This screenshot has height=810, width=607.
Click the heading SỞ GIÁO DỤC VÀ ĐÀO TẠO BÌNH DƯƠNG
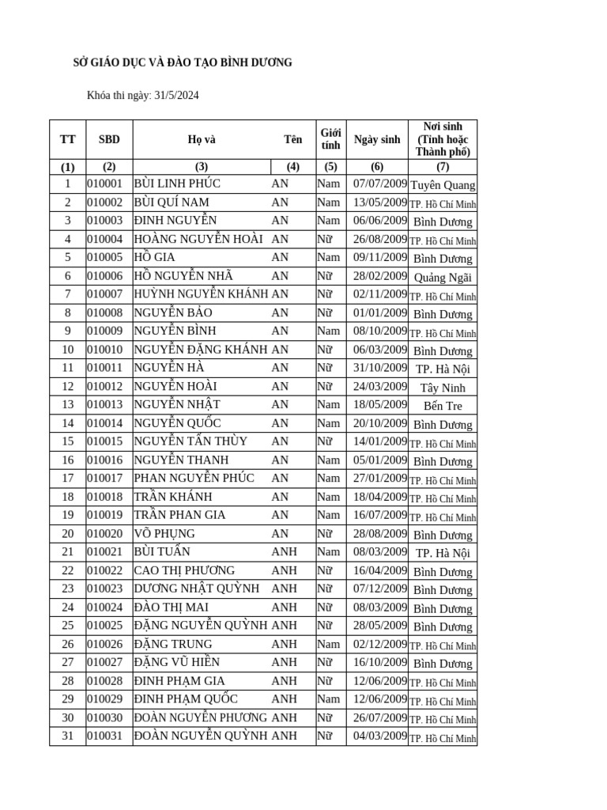(x=183, y=62)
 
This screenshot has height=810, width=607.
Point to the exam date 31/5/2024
(x=177, y=96)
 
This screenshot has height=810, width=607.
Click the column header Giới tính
(x=330, y=139)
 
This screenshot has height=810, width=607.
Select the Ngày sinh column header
(x=377, y=140)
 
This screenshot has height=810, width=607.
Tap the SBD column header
(x=109, y=140)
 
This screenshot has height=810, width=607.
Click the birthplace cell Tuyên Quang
(x=443, y=185)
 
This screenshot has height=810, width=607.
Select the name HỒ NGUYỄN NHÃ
(x=183, y=276)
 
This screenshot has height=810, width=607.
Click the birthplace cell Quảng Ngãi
(x=443, y=277)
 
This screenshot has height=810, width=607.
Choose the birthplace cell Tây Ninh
(x=443, y=388)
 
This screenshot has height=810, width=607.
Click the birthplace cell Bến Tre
(x=443, y=406)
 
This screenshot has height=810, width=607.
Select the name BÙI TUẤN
(x=162, y=551)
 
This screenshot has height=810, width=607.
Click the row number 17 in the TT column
(x=67, y=478)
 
